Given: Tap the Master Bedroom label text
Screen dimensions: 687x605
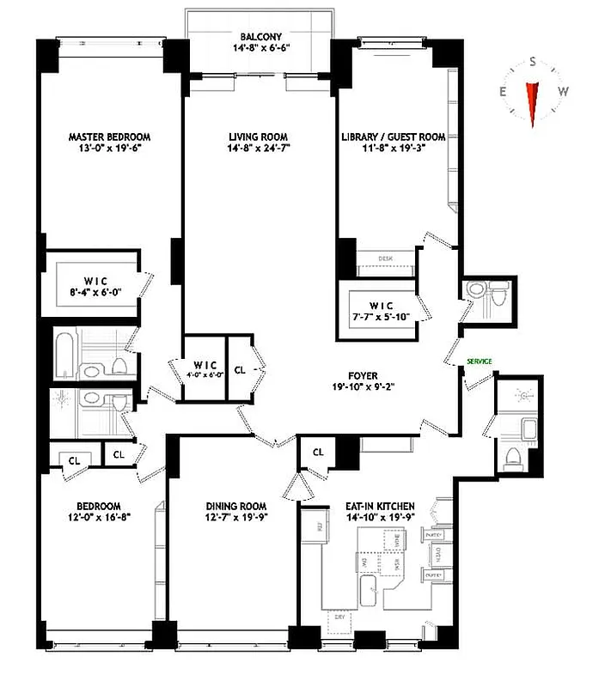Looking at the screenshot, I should [x=109, y=137].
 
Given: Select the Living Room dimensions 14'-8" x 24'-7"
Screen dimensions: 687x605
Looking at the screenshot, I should [x=257, y=148].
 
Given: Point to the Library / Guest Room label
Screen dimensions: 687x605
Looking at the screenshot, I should [x=393, y=137].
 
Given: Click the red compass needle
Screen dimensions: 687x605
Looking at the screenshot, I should [x=533, y=102].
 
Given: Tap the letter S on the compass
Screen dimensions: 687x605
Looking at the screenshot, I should [x=533, y=62].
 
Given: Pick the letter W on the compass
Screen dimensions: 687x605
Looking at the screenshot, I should [x=564, y=92].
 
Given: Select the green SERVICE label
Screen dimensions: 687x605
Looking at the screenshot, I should [x=479, y=362].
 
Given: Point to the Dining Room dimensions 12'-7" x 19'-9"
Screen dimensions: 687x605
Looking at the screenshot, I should [x=235, y=517].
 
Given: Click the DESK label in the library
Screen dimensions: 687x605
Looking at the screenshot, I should [x=386, y=258].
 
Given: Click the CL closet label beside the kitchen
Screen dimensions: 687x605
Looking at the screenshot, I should [x=318, y=452].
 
